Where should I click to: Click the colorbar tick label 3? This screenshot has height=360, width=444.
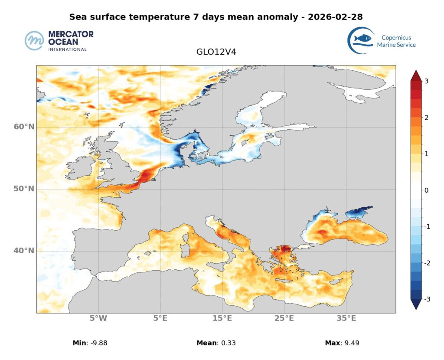tap(427, 81)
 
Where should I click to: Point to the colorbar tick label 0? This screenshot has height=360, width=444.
tap(427, 190)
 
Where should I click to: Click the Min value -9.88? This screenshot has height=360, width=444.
tap(98, 343)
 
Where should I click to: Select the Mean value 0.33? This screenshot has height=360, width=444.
tap(224, 343)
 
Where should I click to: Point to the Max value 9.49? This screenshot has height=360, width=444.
tap(351, 343)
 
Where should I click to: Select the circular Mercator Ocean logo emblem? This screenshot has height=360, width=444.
tap(34, 41)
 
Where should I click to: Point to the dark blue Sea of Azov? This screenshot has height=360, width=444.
tap(359, 212)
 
